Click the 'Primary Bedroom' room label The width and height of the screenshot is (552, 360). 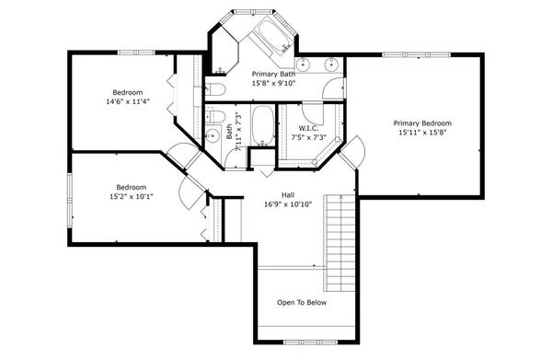[422, 122]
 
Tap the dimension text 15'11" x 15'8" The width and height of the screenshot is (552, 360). [422, 133]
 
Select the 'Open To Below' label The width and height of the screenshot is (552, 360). [302, 302]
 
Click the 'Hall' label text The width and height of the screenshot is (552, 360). [288, 194]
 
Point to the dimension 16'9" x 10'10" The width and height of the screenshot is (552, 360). [288, 204]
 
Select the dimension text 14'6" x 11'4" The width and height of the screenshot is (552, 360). [128, 102]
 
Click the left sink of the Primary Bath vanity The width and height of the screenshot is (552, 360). [305, 64]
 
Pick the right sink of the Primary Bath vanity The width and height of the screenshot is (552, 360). [330, 64]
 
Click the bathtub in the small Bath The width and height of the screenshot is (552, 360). [261, 128]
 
